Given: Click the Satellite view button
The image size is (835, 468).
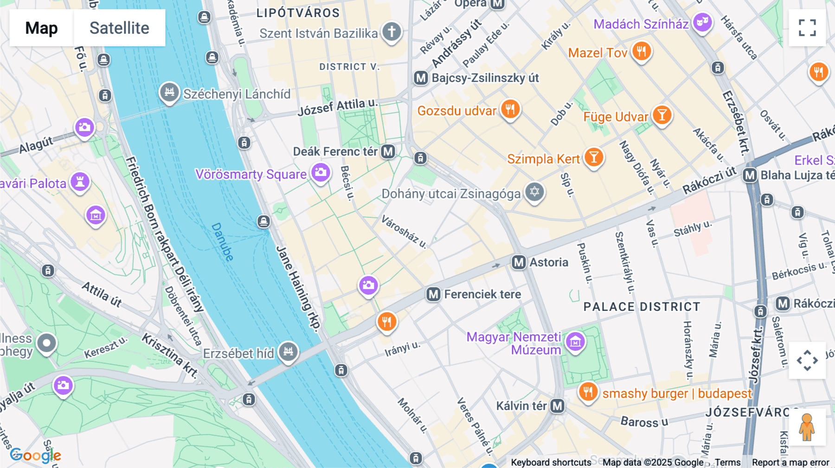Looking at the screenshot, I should pos(119,28).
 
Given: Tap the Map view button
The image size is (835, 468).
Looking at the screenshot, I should pos(41,28).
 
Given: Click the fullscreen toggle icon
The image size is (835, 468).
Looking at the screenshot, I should pos(807,28).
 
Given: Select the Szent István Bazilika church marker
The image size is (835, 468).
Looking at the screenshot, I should pos(392,32).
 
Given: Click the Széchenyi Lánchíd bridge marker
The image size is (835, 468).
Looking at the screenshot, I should pos(169,92).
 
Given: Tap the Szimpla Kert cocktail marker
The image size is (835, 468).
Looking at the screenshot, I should pos(593,157).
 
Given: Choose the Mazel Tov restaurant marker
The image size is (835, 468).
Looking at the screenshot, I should pos(642,51).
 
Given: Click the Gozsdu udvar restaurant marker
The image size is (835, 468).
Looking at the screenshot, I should pos(510,109).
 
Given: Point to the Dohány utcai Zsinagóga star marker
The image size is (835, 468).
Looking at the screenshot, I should pos(534,191).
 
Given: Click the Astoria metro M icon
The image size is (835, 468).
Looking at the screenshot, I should pos(519,262).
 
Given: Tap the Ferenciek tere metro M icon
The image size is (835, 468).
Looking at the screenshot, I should pos(433,294).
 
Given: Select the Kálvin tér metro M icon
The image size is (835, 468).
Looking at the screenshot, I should pos(557,406).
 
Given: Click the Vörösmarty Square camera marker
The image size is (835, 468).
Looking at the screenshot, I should pos(321,173).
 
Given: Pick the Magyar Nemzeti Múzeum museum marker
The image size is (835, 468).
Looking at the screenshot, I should pos(575,342).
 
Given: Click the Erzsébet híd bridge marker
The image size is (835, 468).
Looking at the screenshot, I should pos(288,351).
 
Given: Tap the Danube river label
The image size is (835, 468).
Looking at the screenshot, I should pos(222,242).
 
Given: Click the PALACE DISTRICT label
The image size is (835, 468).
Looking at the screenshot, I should pos(642,307).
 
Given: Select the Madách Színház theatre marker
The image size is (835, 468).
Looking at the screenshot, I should pos(702,22).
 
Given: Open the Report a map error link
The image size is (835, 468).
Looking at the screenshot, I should pos(790,462).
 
